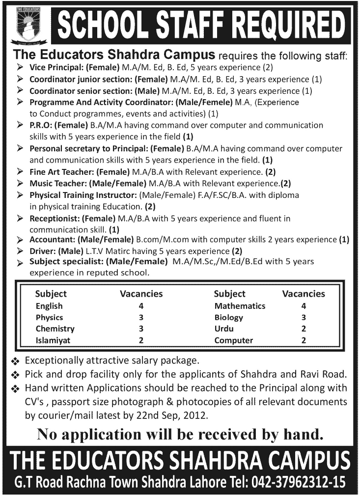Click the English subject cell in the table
pyautogui.click(x=49, y=306)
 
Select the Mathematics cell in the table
pyautogui.click(x=240, y=306)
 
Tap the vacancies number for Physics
pyautogui.click(x=141, y=318)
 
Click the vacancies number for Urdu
pyautogui.click(x=304, y=329)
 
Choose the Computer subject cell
pyautogui.click(x=234, y=340)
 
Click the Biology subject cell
pyautogui.click(x=229, y=318)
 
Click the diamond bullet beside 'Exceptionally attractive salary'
pyautogui.click(x=15, y=361)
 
